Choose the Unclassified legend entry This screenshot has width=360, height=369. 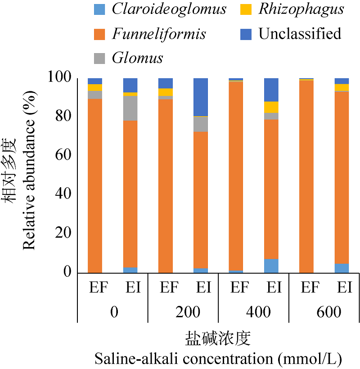click(300, 34)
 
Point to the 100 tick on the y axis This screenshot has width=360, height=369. click(59, 78)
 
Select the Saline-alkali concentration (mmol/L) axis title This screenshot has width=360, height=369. click(218, 359)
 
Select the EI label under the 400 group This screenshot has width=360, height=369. click(271, 288)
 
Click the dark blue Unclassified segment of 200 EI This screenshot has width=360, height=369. click(201, 97)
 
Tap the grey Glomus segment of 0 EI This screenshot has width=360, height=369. click(130, 108)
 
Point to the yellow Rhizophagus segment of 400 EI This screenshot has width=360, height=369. click(271, 107)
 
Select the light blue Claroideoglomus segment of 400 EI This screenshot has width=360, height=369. click(271, 266)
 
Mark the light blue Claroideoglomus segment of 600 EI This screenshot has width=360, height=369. click(342, 268)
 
